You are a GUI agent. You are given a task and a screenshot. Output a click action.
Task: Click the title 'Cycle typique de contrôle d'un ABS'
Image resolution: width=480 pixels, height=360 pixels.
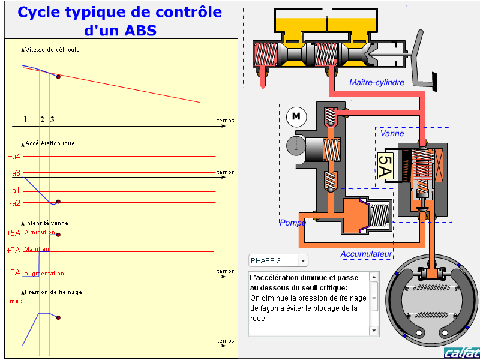(119, 20)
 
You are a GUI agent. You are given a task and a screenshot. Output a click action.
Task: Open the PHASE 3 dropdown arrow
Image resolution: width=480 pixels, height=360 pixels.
(303, 260)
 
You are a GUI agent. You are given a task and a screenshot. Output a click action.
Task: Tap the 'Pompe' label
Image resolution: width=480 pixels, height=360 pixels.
(293, 222)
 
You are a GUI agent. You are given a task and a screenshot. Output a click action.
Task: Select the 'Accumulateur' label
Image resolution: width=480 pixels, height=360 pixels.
(366, 254)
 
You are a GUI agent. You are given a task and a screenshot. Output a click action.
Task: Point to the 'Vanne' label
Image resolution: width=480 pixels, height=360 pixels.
(392, 133)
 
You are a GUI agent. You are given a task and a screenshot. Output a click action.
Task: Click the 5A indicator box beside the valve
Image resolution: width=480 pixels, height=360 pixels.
(385, 166)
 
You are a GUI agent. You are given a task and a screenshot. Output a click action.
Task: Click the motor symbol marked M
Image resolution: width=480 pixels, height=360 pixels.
(296, 116)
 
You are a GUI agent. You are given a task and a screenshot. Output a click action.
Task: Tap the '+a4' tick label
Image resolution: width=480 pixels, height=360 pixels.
(14, 157)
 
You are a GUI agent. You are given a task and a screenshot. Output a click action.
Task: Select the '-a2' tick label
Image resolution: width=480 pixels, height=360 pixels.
(14, 203)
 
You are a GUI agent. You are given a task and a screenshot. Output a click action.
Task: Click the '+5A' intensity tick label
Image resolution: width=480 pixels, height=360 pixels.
(14, 233)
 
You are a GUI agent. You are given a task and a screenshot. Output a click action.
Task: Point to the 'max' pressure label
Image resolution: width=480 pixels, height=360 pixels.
(16, 301)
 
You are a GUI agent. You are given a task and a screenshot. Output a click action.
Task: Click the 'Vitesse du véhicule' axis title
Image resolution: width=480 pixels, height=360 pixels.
(52, 50)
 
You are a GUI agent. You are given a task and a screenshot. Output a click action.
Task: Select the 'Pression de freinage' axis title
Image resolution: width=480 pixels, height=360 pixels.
(53, 292)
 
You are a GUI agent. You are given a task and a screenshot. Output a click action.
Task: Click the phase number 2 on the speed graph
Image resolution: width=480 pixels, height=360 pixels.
(42, 119)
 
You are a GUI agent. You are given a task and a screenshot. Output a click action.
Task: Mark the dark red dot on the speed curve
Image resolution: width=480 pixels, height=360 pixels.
(58, 77)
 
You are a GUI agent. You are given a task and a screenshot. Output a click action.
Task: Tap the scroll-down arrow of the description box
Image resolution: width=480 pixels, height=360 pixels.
(374, 330)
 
